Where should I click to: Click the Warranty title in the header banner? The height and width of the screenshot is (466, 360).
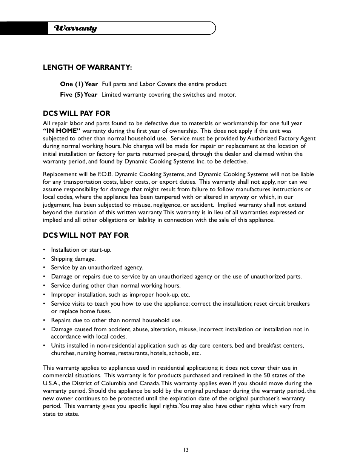tap(75, 28)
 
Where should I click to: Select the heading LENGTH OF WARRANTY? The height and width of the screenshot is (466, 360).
tap(87, 67)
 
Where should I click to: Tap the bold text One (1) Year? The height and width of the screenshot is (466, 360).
tap(79, 84)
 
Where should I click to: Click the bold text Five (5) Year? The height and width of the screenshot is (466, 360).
tap(78, 95)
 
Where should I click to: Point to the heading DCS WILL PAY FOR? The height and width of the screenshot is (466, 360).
tap(76, 113)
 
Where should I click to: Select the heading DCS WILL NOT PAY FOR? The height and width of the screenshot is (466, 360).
tap(86, 235)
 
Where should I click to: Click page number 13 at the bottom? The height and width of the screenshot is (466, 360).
tap(185, 450)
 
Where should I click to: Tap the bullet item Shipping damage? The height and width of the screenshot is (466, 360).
tap(73, 259)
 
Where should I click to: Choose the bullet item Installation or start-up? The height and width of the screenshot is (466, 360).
tap(81, 250)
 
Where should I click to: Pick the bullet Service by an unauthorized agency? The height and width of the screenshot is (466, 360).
tap(97, 268)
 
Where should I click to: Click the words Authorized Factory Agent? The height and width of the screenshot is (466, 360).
tap(281, 138)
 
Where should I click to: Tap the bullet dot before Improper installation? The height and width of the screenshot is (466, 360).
tap(44, 295)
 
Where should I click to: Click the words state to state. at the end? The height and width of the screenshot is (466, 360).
tap(61, 414)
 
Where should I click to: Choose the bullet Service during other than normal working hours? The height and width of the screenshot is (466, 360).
tap(115, 286)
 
